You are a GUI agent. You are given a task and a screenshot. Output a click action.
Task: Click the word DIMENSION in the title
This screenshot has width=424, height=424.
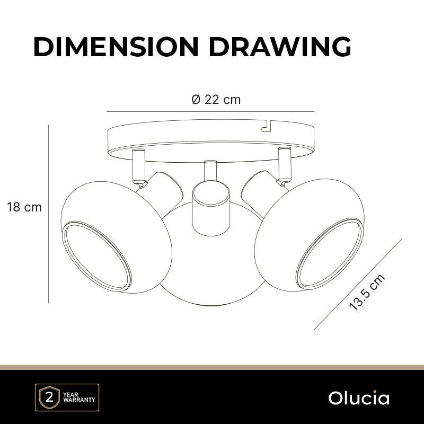(x=116, y=47)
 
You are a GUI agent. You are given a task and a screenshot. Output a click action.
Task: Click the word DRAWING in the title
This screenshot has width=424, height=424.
(x=280, y=47)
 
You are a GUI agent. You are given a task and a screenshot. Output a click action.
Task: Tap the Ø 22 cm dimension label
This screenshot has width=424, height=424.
(x=216, y=100)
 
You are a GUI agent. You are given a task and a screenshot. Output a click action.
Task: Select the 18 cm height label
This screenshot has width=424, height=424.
(x=24, y=207)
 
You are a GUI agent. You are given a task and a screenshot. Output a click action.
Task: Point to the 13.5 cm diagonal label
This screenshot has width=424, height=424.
(x=367, y=292)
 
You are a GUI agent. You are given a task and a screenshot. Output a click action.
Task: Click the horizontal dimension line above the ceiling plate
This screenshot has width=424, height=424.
(x=210, y=111)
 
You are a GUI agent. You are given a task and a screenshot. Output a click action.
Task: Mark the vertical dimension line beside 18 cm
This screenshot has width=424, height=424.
(x=48, y=214)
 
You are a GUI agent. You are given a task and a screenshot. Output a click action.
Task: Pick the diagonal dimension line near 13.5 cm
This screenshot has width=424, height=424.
(x=358, y=284)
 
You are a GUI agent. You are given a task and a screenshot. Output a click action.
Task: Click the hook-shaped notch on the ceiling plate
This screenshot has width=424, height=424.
(x=267, y=127)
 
